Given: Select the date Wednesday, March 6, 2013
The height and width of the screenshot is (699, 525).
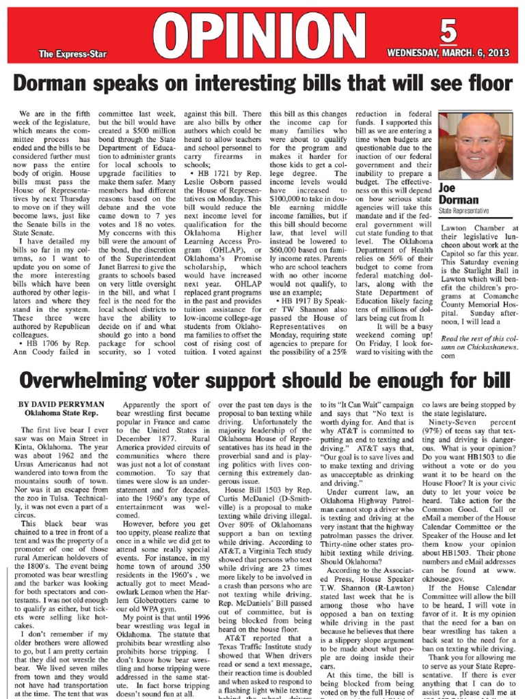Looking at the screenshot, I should click(448, 53).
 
